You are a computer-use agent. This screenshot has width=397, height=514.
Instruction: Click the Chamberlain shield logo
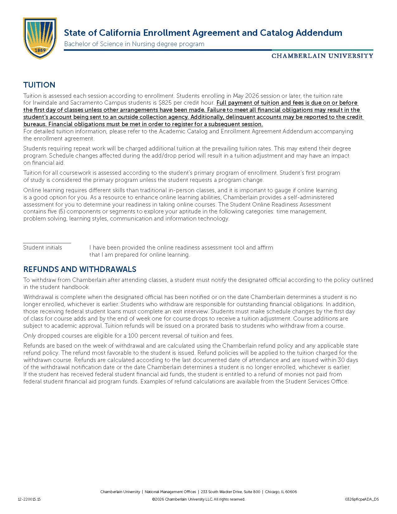click(x=40, y=38)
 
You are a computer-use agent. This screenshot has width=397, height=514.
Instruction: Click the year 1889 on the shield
click(x=40, y=50)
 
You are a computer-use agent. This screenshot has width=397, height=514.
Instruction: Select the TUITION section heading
click(x=39, y=85)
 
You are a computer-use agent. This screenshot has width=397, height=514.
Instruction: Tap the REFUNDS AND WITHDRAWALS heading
click(x=80, y=269)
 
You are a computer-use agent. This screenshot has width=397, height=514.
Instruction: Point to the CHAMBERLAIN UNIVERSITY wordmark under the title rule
click(x=322, y=56)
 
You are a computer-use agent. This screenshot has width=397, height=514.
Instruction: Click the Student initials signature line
click(x=47, y=242)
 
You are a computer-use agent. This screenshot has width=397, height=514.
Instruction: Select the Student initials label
click(x=43, y=248)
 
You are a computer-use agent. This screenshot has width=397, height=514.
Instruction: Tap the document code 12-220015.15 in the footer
click(x=29, y=499)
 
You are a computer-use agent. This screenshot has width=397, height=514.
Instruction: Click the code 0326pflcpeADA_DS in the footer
click(x=362, y=499)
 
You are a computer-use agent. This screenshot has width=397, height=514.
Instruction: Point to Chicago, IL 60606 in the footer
click(x=281, y=492)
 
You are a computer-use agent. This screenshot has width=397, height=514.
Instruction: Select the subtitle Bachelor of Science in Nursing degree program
click(x=134, y=44)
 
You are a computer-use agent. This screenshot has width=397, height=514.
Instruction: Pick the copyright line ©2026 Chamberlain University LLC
click(x=198, y=499)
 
